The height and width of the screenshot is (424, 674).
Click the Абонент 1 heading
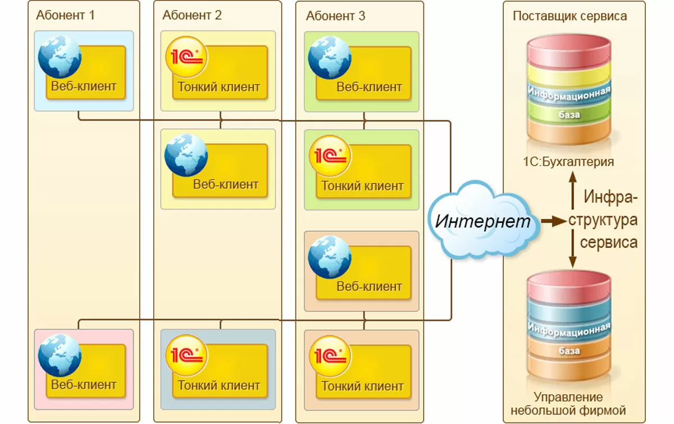tap(66, 15)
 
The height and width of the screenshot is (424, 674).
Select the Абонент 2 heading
tap(192, 15)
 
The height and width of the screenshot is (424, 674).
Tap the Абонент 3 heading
tap(335, 15)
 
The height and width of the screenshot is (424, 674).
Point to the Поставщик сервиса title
tap(570, 16)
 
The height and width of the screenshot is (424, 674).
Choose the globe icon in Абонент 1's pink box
tap(60, 355)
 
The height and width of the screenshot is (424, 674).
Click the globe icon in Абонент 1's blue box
tap(60, 57)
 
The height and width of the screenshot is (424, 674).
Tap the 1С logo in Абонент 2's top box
tap(186, 57)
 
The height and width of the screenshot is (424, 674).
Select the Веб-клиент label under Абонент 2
tap(226, 184)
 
